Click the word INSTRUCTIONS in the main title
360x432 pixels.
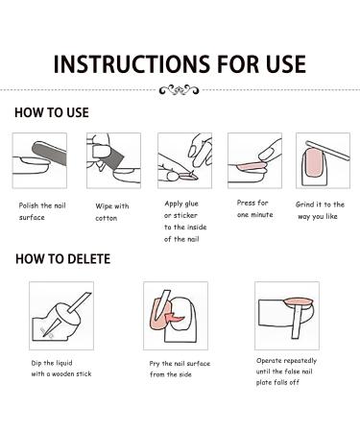tap(132, 64)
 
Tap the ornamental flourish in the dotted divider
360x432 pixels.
tap(180, 90)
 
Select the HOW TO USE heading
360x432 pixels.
tap(52, 112)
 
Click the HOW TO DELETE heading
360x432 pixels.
tap(63, 259)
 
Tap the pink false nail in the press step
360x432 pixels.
tap(252, 166)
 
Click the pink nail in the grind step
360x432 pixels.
tap(314, 163)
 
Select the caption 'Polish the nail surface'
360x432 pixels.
tap(42, 211)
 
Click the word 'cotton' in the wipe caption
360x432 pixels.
tap(107, 219)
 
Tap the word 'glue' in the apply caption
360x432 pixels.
tap(191, 204)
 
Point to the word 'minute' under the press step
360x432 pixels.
tap(262, 215)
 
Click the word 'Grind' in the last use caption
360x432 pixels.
tap(303, 204)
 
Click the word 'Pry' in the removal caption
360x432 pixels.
tap(155, 364)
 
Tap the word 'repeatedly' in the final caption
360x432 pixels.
tap(300, 361)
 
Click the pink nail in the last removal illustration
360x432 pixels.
tap(299, 302)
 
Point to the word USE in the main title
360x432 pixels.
tap(286, 64)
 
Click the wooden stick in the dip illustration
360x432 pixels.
tap(80, 302)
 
